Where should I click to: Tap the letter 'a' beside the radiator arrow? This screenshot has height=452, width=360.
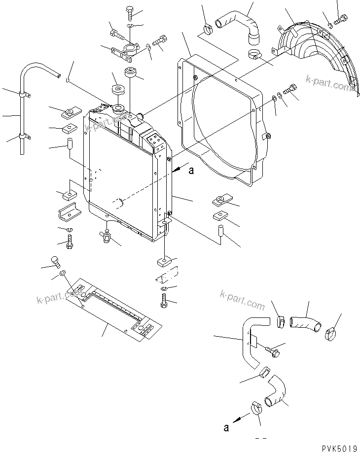coord(191,171)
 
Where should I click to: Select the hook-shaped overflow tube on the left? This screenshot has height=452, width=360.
coord(30,99)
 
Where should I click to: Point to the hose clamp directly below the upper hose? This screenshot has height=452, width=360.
coord(254,54)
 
